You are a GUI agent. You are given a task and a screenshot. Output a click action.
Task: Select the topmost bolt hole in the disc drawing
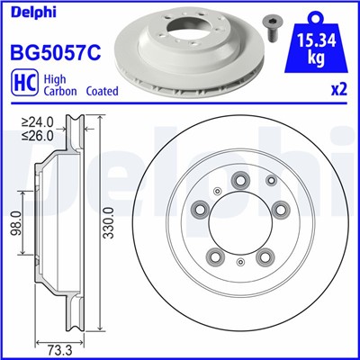coord(242,181)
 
